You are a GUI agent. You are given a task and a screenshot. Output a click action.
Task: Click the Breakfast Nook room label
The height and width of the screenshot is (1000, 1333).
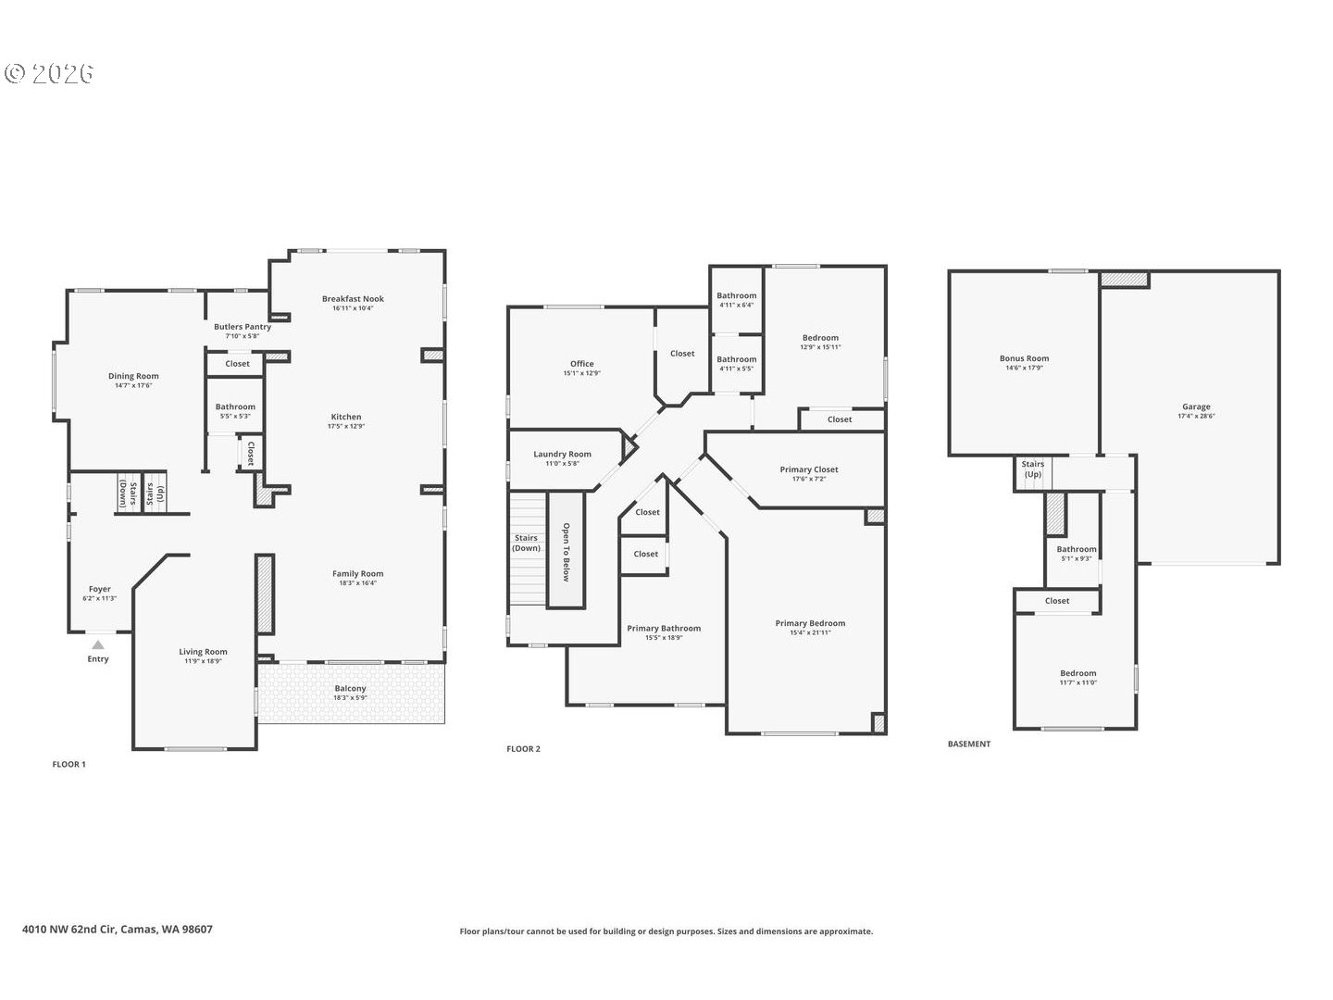click(353, 299)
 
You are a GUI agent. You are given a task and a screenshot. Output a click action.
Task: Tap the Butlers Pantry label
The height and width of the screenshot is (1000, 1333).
click(243, 327)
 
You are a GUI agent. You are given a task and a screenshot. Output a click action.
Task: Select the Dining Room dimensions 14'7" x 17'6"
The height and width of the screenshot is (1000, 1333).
click(133, 386)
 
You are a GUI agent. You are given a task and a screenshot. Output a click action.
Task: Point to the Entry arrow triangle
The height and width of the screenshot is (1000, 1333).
click(98, 644)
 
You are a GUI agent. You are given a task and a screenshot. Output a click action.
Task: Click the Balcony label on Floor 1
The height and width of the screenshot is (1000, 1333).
click(350, 689)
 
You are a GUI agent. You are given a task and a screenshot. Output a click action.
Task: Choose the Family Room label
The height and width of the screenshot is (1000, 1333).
click(357, 574)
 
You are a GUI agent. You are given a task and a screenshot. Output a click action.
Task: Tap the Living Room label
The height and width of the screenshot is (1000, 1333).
click(203, 652)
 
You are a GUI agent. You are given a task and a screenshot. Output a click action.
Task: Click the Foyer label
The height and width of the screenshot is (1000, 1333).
click(99, 589)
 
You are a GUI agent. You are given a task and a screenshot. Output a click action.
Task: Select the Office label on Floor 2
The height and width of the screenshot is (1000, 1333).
click(581, 364)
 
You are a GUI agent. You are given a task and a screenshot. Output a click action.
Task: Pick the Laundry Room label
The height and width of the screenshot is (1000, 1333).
click(562, 455)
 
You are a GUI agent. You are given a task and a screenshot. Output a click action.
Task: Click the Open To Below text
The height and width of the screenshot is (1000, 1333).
click(566, 553)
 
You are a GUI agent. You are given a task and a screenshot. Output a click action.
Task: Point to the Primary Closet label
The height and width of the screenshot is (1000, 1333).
click(808, 469)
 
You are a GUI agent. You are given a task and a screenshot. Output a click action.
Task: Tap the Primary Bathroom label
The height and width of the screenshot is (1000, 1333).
click(664, 629)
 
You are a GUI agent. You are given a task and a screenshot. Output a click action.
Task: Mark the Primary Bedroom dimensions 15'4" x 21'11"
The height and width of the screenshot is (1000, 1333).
click(810, 633)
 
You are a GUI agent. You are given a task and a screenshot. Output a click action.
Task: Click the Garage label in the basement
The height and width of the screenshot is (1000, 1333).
click(1196, 406)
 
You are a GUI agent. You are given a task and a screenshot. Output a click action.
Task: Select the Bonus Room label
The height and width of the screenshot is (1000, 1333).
click(1024, 358)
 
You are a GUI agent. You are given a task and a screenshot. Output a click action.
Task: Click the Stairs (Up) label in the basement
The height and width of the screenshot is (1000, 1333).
click(1032, 469)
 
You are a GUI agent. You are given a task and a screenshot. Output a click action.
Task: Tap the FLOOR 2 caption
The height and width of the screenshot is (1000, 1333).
click(523, 749)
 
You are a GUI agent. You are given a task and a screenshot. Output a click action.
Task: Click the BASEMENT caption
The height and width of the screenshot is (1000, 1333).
click(969, 744)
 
